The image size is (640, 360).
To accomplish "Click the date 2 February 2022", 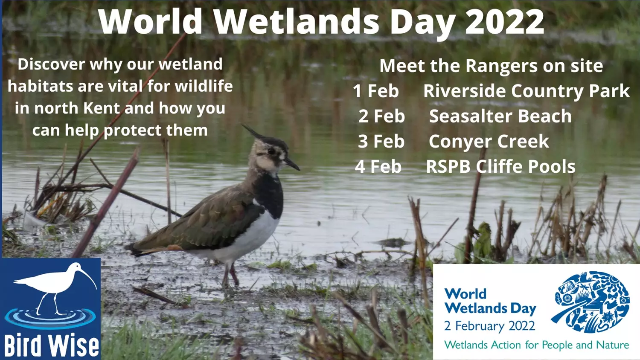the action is [x=489, y=326].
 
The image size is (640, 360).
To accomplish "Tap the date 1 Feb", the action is [x=376, y=91].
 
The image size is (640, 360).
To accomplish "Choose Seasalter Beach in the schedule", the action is [x=500, y=116].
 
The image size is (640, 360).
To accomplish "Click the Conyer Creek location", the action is [x=489, y=142].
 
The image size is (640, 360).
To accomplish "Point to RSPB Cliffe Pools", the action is [x=500, y=167].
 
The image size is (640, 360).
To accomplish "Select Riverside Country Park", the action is [x=527, y=91].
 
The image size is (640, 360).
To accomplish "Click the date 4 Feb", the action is [x=378, y=167].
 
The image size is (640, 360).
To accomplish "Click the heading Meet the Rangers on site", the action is [x=491, y=66].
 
